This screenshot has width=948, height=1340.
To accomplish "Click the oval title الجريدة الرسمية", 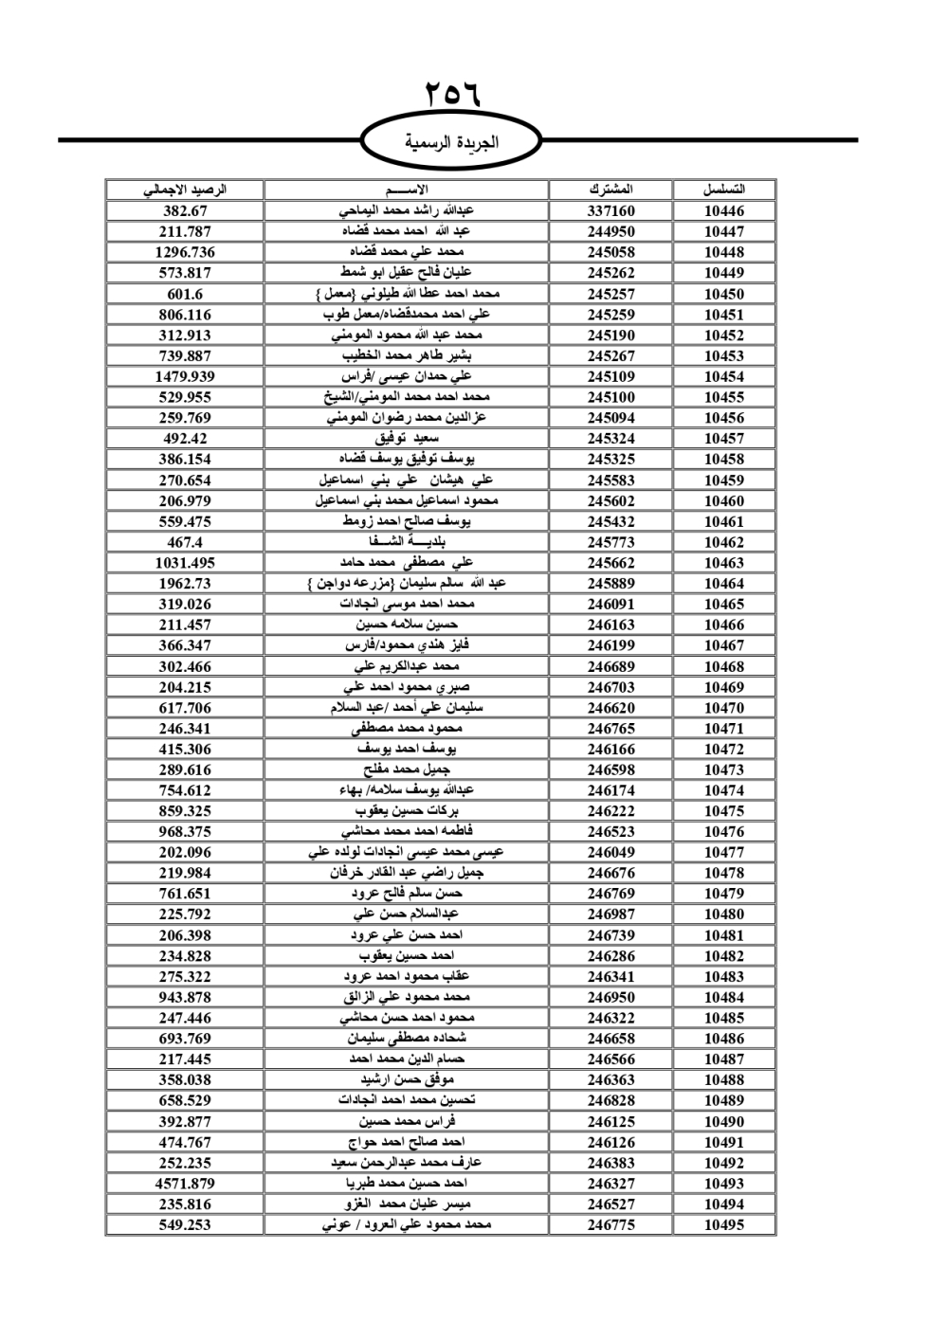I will pyautogui.click(x=452, y=143).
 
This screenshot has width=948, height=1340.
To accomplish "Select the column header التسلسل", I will pyautogui.click(x=724, y=190).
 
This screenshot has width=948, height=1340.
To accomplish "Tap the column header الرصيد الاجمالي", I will pyautogui.click(x=185, y=190).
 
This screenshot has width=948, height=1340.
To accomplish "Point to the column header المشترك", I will pyautogui.click(x=611, y=190).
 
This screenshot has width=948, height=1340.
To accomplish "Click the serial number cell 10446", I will pyautogui.click(x=724, y=211).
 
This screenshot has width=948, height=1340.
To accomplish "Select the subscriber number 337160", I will pyautogui.click(x=611, y=211).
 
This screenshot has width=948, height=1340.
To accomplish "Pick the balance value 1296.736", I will pyautogui.click(x=185, y=252).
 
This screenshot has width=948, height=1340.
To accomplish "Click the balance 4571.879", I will pyautogui.click(x=185, y=1184).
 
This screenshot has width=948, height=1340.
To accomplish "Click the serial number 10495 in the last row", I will pyautogui.click(x=724, y=1224).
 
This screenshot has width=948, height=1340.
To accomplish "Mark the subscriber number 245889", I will pyautogui.click(x=611, y=584).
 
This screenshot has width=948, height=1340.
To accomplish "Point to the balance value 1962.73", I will pyautogui.click(x=185, y=584).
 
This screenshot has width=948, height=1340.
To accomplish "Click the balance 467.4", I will pyautogui.click(x=185, y=542).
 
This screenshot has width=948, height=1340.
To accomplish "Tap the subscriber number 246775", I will pyautogui.click(x=611, y=1224).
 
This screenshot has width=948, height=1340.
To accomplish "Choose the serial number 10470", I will pyautogui.click(x=724, y=708).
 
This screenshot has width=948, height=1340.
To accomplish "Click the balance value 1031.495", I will pyautogui.click(x=185, y=563).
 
